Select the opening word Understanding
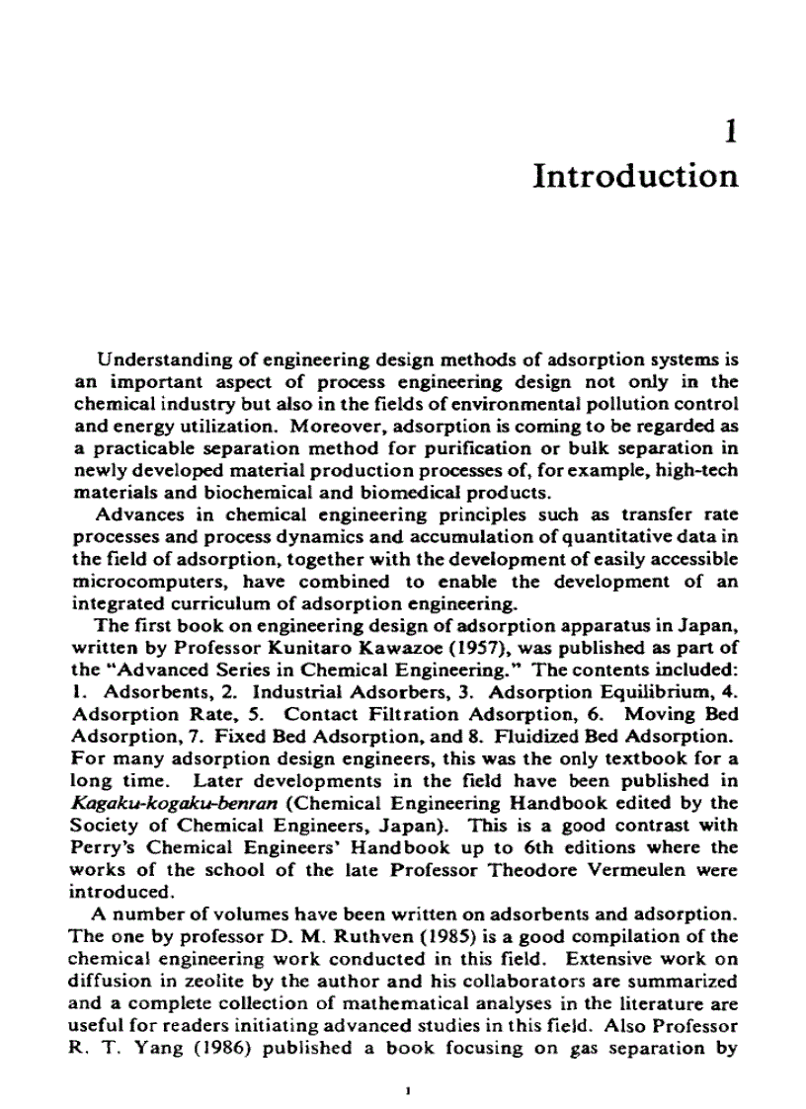155,361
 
